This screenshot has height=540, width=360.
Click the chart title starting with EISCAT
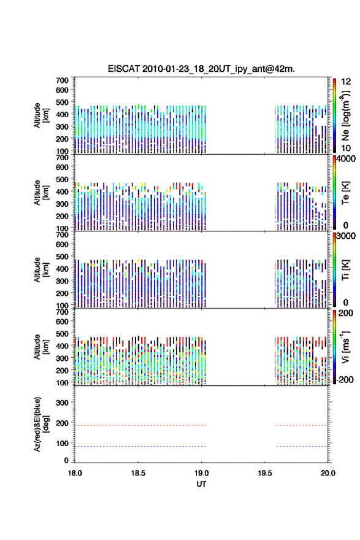pos(201,69)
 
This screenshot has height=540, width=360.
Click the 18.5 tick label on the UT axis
pos(138,473)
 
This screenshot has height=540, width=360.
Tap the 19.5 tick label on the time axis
pos(265,473)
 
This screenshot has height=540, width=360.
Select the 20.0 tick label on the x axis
pos(328,473)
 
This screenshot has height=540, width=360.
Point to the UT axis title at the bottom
pos(201,484)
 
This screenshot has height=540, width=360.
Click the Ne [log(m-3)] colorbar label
pos(345,115)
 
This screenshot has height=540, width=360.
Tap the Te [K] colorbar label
pos(345,193)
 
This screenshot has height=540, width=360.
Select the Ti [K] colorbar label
pos(345,270)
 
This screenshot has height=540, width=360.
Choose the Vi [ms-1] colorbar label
pos(345,347)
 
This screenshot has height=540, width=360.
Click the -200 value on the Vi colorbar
pos(344,379)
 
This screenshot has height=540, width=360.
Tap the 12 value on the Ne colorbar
pos(347,82)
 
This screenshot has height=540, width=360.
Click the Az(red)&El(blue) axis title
pos(41,424)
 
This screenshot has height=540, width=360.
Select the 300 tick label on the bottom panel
pos(63,403)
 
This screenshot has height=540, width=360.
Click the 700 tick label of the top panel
pos(63,80)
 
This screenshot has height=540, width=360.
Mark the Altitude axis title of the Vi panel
pos(41,347)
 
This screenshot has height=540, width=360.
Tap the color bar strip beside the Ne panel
pos(334,115)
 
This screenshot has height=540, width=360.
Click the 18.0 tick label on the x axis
pos(75,473)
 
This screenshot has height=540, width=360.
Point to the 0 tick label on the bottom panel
pos(66,460)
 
